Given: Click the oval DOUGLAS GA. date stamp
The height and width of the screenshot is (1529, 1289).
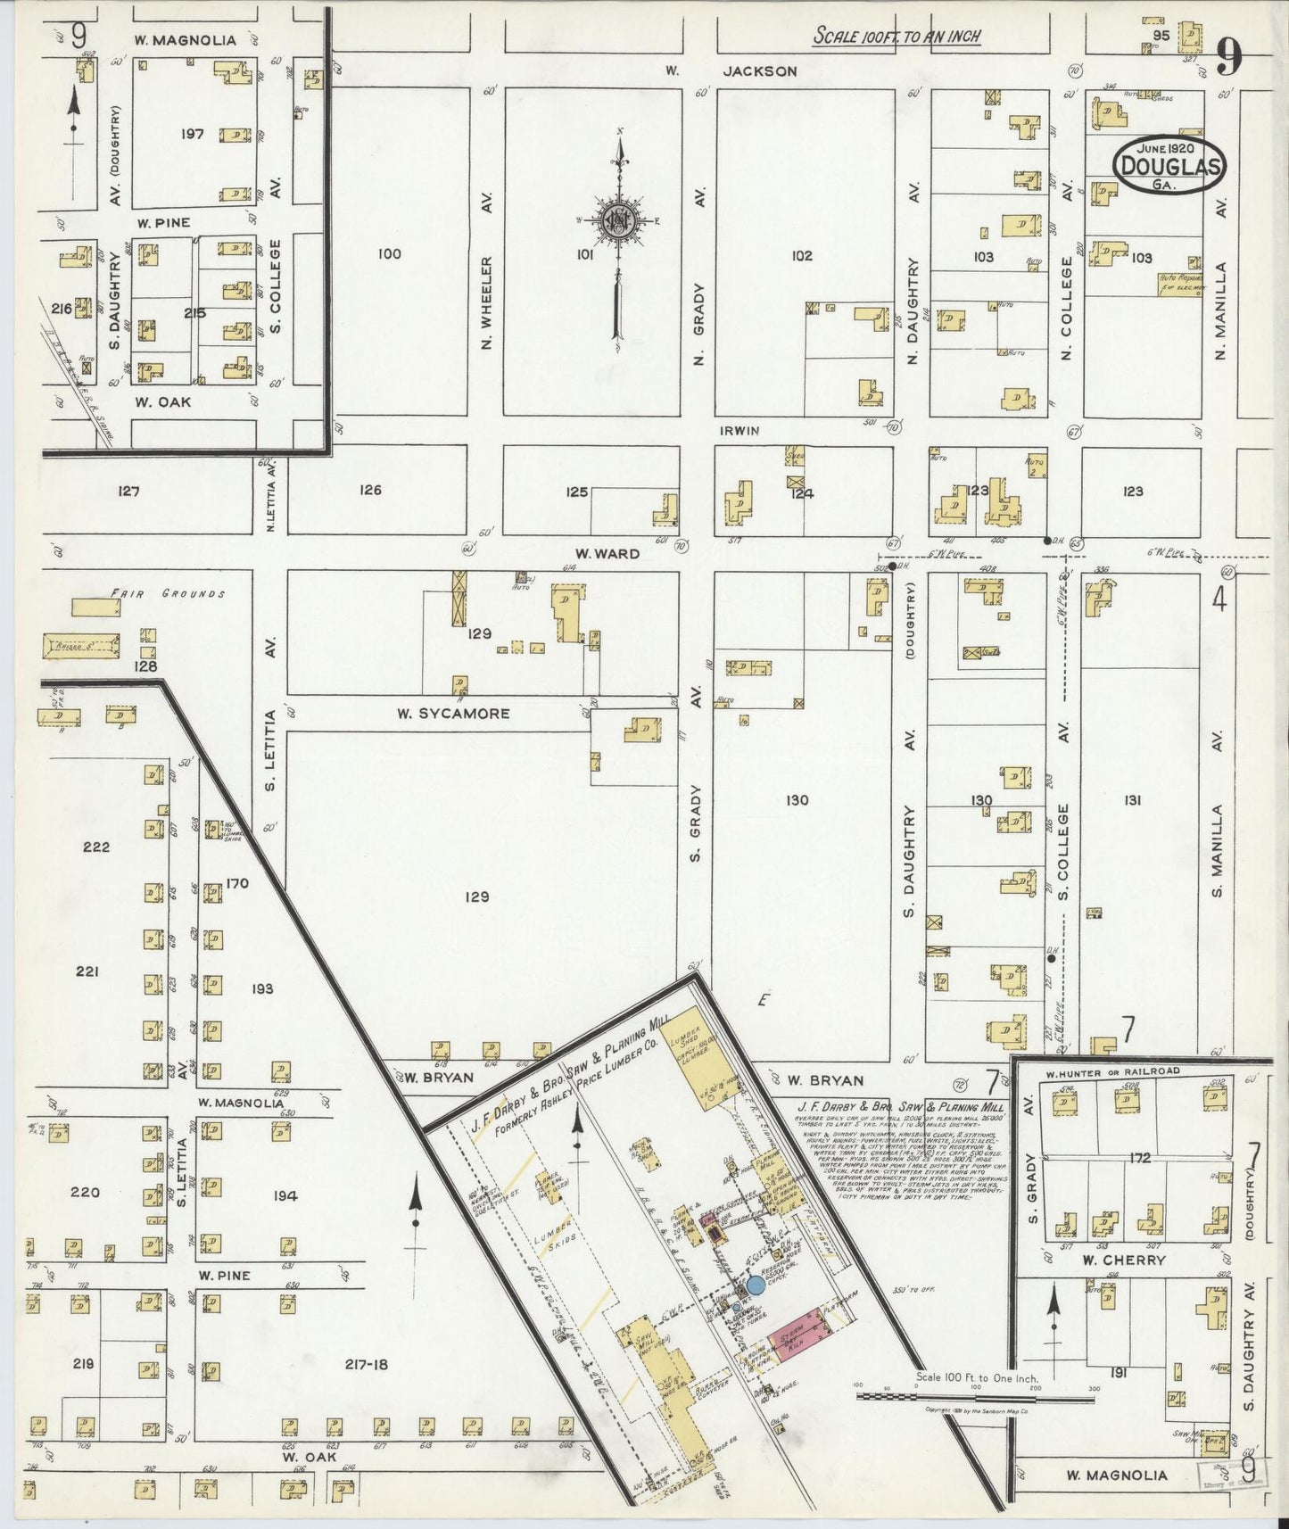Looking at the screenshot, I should (1169, 165).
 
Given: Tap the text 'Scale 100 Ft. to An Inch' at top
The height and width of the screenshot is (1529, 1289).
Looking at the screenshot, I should (897, 37).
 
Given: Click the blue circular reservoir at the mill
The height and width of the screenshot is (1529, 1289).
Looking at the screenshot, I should (756, 1285).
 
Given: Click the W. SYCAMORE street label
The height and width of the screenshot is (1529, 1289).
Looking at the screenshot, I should (453, 714).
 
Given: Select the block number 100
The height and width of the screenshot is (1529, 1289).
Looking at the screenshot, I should (389, 254).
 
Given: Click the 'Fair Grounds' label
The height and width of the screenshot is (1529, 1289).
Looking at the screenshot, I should (167, 593).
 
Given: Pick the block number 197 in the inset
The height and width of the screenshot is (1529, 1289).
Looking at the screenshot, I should (191, 135).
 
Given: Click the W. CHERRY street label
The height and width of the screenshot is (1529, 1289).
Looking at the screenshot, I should (1123, 1260).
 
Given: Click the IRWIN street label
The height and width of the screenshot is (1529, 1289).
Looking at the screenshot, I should (740, 431).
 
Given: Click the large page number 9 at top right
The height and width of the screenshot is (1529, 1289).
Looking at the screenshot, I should (1228, 59).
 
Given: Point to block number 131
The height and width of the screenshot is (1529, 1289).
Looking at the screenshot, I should (1132, 800).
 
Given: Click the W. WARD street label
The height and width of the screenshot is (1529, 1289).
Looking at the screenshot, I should (607, 554).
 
